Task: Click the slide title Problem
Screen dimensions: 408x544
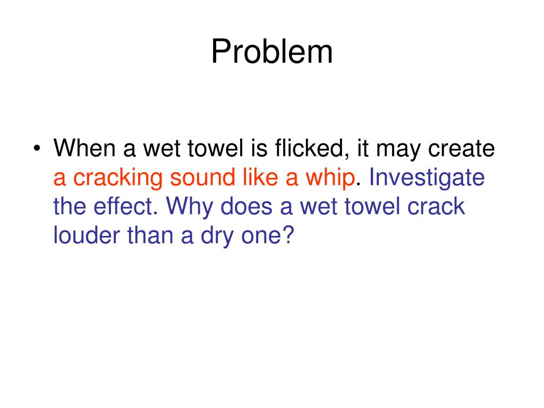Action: [x=272, y=52]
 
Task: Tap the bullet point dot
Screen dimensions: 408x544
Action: [x=37, y=149]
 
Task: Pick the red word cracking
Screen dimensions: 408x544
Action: [x=117, y=178]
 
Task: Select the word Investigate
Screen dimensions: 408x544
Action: [x=427, y=178]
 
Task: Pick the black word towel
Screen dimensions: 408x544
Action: [x=214, y=148]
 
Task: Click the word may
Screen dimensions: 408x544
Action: [x=393, y=149]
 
